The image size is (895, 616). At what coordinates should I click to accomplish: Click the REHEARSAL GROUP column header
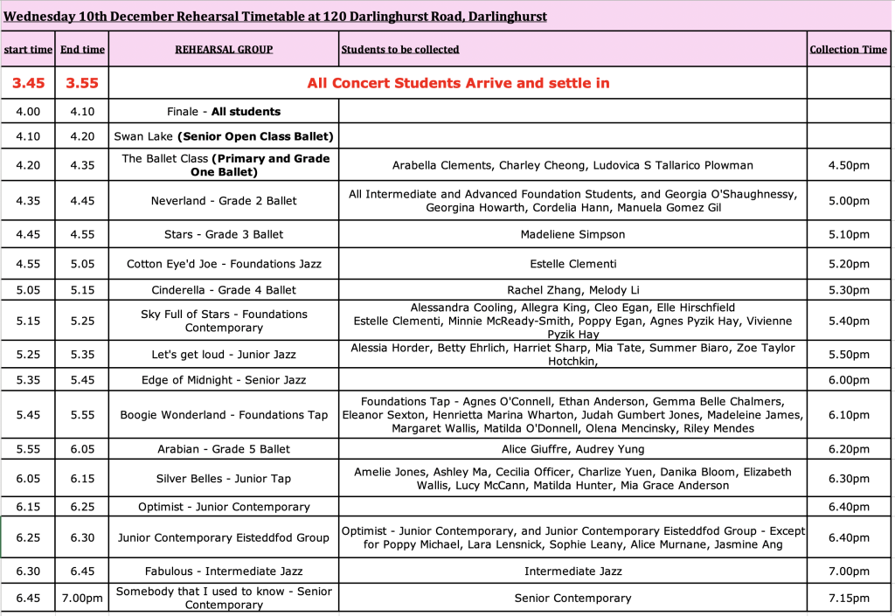click(x=224, y=50)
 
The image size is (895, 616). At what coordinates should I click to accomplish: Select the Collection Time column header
click(x=848, y=50)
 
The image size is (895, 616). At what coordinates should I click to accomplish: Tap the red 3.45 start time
click(x=28, y=83)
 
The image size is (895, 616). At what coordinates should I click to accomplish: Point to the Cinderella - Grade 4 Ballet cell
click(x=224, y=290)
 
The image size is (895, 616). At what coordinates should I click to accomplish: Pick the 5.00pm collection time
click(x=849, y=201)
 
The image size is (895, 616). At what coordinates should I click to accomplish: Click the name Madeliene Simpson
click(x=572, y=234)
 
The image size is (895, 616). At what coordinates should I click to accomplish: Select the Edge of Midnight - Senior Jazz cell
click(x=224, y=380)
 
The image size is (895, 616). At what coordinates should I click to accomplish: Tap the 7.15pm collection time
click(x=849, y=599)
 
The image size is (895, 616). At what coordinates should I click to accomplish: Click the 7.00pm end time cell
click(x=82, y=599)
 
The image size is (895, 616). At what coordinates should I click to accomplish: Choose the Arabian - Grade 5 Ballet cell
click(x=224, y=449)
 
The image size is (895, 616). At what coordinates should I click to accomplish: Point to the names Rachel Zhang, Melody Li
click(x=572, y=290)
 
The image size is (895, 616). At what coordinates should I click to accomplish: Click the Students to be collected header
click(x=400, y=50)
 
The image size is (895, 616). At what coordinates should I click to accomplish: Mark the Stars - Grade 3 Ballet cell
click(x=224, y=234)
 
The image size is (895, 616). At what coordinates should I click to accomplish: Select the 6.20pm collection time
click(x=849, y=449)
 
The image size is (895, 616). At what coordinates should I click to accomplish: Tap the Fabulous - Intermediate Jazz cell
click(x=224, y=571)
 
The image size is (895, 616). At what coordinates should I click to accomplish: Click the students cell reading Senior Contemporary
click(x=572, y=599)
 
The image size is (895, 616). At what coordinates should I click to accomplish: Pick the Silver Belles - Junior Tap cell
click(x=224, y=479)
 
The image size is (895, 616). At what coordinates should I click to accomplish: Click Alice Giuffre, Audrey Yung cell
click(x=572, y=449)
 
